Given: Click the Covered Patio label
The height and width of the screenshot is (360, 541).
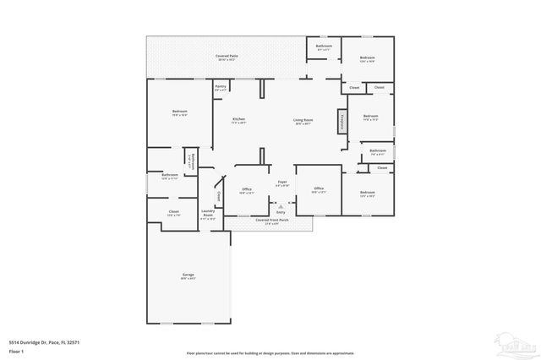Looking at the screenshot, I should [x=227, y=57].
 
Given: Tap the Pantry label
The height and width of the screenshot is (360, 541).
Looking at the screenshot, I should [x=220, y=87].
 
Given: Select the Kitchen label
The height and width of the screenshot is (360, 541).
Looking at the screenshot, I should [x=239, y=120].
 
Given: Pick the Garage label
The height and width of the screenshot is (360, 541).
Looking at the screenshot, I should [x=188, y=276].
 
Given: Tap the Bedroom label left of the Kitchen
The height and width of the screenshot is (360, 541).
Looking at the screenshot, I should [x=180, y=112].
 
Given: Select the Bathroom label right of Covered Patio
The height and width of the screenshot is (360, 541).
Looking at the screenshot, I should [x=324, y=46].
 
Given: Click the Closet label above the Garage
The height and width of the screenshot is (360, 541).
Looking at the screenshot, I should [x=173, y=212].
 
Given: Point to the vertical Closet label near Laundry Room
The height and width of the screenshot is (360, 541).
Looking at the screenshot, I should [x=219, y=196].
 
